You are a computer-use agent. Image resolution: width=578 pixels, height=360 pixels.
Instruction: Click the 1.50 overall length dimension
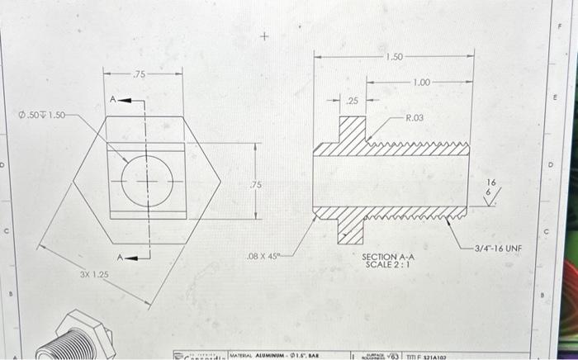coord(394,57)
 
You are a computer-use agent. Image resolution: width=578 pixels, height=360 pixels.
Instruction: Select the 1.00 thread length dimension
coord(421,83)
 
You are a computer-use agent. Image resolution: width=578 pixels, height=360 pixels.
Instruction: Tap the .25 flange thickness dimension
coord(353,101)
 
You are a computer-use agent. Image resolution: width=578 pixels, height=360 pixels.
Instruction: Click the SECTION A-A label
coord(388,257)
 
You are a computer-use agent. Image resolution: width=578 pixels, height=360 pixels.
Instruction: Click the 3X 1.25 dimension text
coord(93,272)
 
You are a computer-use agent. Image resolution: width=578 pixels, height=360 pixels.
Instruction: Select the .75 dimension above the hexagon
coord(141,74)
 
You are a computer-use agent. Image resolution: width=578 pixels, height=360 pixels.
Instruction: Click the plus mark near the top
coord(264,36)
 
